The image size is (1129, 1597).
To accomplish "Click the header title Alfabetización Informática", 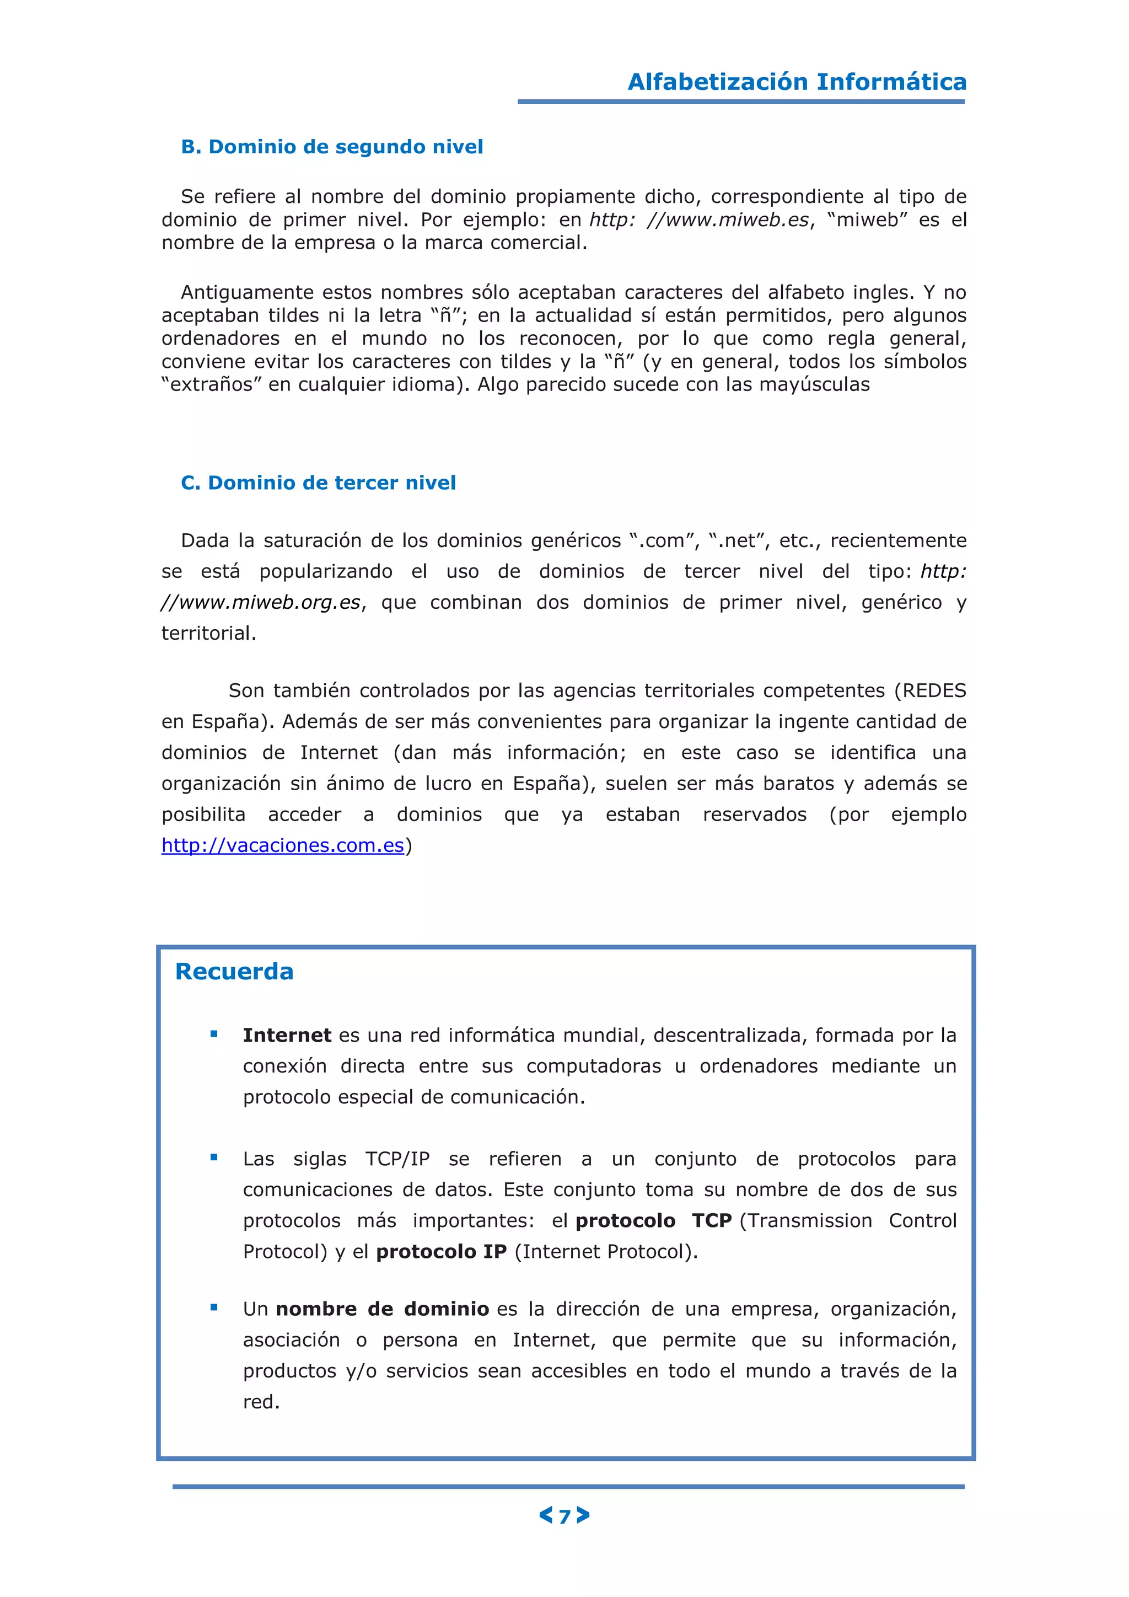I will coord(797,82).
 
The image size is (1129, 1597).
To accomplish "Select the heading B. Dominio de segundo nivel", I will coord(332,147).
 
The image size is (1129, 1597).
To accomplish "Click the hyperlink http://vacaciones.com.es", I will coord(282,845).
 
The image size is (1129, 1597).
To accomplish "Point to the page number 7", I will coord(564,1516).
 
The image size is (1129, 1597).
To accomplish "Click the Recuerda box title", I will coord(234,971).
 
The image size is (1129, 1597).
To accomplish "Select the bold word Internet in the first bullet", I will coord(287,1035).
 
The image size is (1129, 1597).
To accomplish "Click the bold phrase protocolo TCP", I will coord(653,1221).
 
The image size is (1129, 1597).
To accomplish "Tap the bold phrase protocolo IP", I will coord(441,1251).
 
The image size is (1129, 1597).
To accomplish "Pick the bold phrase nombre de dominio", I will coord(383,1309).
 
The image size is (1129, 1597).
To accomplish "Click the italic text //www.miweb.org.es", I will coord(261,602).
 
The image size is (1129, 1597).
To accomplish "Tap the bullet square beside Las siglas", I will coord(214,1157).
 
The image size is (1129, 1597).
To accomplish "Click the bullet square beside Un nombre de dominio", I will coord(214,1307).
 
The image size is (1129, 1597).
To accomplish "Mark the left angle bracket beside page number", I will coord(546,1515).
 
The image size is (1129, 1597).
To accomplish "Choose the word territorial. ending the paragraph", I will coord(208,633).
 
